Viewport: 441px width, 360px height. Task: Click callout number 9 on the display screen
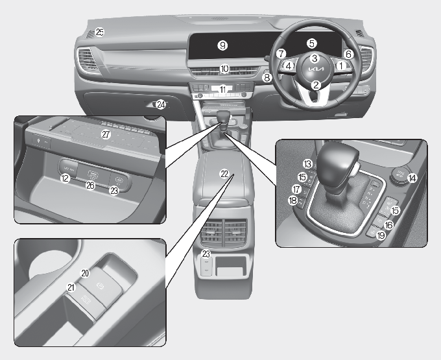coord(222,45)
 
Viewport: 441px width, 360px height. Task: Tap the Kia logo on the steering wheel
coord(316,69)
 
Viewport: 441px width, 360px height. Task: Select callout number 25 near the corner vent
coord(100,32)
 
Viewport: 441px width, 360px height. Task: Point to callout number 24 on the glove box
coord(161,105)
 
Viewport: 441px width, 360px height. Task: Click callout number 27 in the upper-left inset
coord(106,134)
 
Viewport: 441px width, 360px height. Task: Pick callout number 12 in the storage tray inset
coord(66,178)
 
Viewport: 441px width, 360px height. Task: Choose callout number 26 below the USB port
coord(90,186)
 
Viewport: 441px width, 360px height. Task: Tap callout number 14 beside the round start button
coord(412,178)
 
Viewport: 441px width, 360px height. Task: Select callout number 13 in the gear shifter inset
coord(307,164)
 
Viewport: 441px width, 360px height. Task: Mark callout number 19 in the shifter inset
coord(381,235)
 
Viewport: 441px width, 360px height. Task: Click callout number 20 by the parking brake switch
coord(85,273)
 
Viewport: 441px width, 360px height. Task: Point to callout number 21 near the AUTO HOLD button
coord(71,287)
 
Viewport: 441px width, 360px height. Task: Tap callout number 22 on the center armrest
coord(224,174)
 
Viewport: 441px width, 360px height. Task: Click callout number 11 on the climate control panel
coord(222,90)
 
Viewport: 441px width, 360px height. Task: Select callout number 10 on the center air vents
coord(224,69)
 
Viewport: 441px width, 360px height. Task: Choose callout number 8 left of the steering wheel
coord(267,78)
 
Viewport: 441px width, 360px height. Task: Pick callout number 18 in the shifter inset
coord(292,200)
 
